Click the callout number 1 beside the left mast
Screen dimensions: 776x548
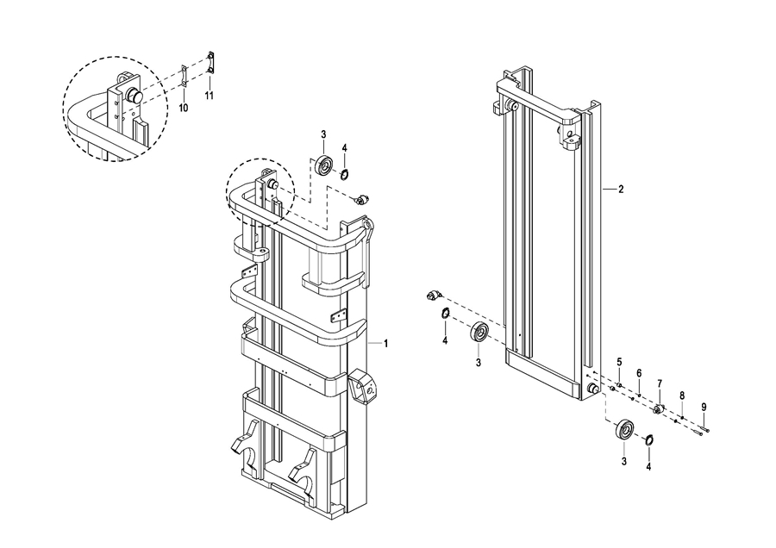386,343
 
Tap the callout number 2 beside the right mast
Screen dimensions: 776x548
621,189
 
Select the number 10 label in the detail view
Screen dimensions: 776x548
184,108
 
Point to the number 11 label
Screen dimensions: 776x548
210,96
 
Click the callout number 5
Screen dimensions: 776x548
619,363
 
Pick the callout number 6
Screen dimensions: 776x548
639,372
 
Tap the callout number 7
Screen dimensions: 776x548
660,383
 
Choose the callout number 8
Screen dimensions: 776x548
682,395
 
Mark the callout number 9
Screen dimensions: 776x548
704,407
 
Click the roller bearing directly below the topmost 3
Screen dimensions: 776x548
323,165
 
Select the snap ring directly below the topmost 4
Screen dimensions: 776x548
344,175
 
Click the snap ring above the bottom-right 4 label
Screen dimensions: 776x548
648,440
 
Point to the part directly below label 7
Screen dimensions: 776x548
659,409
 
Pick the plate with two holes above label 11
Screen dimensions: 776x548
210,63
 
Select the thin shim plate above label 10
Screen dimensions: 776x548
184,77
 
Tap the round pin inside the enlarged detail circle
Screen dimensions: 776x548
134,95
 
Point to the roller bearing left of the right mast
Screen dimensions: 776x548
479,332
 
